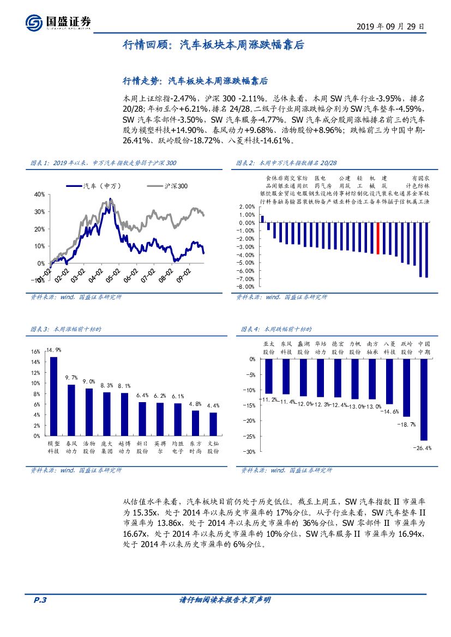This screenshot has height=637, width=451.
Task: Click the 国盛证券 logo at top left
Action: coord(57,22)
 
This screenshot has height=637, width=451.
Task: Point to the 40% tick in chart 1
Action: coord(39,194)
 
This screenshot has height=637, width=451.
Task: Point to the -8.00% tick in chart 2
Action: coord(246,286)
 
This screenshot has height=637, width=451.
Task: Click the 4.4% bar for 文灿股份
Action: coord(213,424)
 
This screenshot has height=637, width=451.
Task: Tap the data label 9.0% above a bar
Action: coord(88,381)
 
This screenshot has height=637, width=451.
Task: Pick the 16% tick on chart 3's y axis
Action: coord(35,351)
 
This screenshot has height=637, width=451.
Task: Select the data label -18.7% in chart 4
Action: coord(406,424)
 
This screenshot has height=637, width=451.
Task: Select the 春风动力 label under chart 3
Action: coord(71,447)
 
